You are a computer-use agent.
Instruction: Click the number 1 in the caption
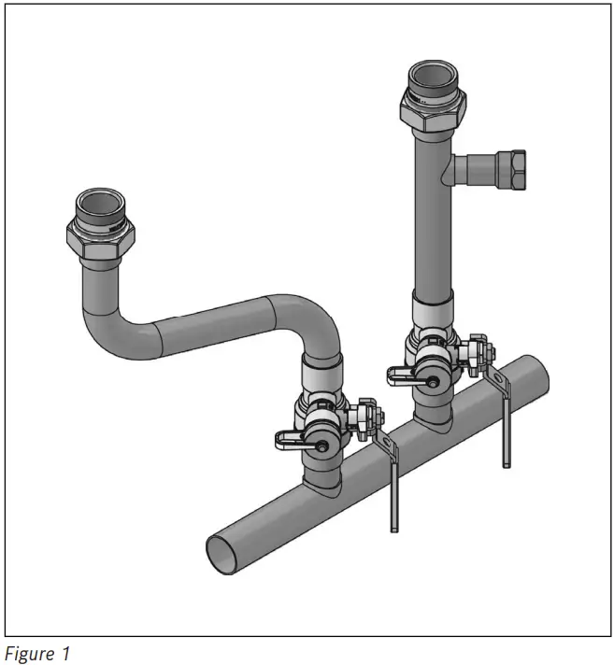tap(65, 654)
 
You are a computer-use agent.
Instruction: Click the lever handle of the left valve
tap(296, 437)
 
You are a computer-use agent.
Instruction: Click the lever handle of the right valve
tap(408, 374)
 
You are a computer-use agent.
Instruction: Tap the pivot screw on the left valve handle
tap(321, 447)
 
